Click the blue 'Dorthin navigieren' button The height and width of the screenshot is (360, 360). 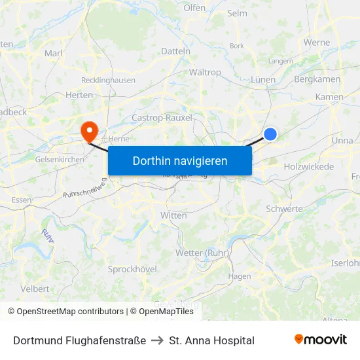(x=180, y=160)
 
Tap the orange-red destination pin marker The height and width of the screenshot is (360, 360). (x=88, y=130)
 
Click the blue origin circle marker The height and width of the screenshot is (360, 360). (x=270, y=134)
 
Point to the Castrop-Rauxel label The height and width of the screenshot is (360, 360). (x=162, y=118)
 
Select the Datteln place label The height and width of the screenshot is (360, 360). (x=175, y=50)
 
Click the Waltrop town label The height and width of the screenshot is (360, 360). (x=205, y=73)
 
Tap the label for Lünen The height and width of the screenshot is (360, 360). (x=263, y=80)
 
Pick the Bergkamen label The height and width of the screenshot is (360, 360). (x=317, y=79)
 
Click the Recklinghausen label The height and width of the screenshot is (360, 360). (x=108, y=81)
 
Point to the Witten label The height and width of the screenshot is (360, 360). (x=173, y=215)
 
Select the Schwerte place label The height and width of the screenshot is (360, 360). (x=284, y=209)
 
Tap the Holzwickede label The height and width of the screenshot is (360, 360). (x=309, y=167)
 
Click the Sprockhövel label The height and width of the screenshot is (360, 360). (x=132, y=269)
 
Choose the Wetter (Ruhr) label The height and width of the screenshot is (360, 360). (x=202, y=253)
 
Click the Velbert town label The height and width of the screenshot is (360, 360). (x=35, y=289)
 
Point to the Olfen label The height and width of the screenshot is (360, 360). (x=194, y=9)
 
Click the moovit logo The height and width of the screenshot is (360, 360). (x=321, y=340)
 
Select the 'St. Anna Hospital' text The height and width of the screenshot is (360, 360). (x=211, y=340)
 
